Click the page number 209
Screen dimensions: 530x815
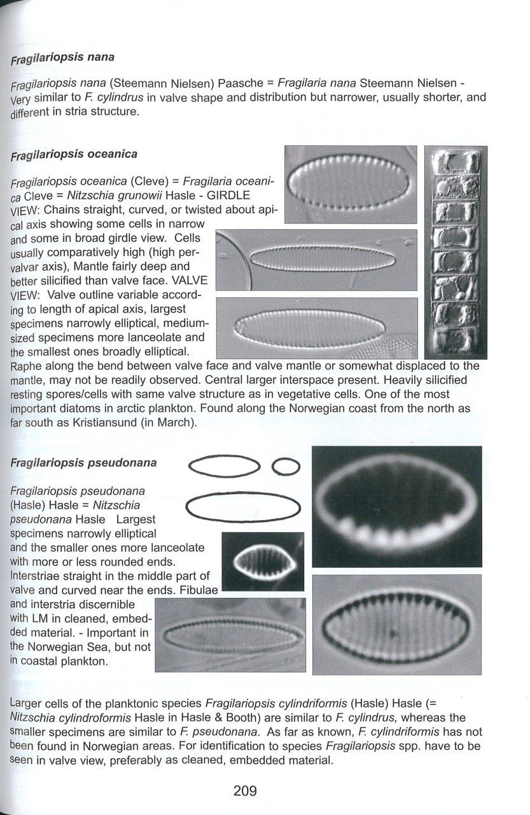pos(245,791)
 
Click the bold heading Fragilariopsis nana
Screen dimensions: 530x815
pos(62,57)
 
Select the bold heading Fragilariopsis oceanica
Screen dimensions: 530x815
pos(74,154)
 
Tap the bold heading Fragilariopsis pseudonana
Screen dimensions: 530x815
pos(83,463)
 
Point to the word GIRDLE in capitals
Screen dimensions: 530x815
pos(228,195)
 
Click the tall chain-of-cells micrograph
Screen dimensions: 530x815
pos(456,253)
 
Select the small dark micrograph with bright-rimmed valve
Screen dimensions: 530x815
pos(263,562)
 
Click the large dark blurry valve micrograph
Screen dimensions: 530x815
pos(397,506)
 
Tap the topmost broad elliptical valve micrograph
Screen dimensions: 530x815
pos(351,184)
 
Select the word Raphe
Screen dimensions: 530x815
pos(25,365)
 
